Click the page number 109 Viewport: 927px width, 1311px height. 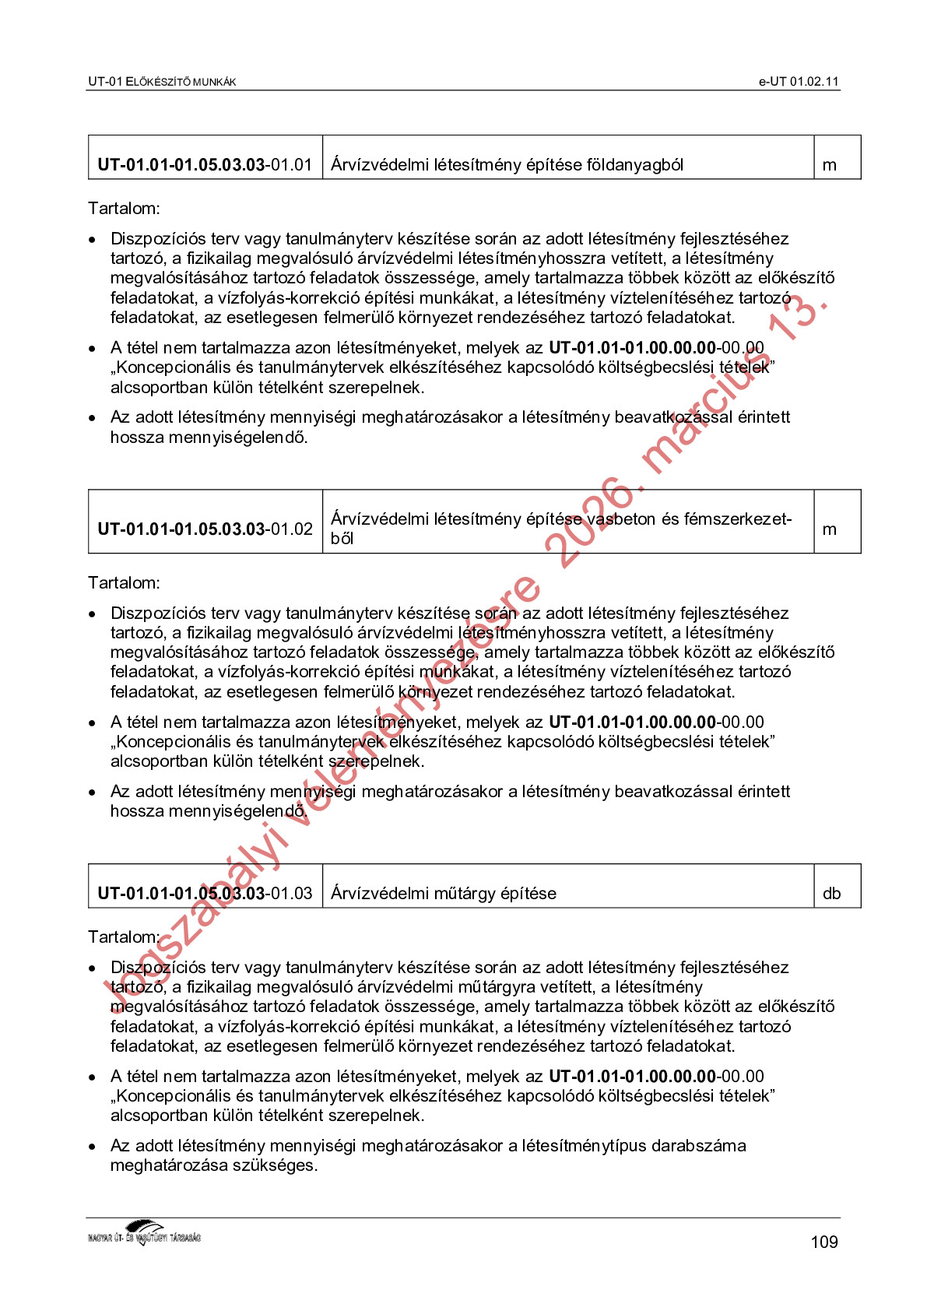pos(823,1242)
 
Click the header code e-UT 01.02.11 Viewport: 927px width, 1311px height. pos(799,82)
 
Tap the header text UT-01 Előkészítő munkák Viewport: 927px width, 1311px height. pos(162,82)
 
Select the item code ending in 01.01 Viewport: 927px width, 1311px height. pos(205,165)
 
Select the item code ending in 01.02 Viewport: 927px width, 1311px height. pos(205,529)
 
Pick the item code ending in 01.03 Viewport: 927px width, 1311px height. pos(205,894)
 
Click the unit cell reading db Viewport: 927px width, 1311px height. pos(831,894)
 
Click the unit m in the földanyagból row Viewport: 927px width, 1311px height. pos(829,165)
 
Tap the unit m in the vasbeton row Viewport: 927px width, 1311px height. pos(829,529)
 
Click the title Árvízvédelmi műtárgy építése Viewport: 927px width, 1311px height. pos(444,894)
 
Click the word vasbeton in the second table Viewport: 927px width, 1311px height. pos(621,519)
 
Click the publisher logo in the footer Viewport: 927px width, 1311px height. pos(144,1234)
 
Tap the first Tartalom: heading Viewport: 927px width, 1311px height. pos(124,209)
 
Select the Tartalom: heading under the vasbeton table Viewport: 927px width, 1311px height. pos(124,583)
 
